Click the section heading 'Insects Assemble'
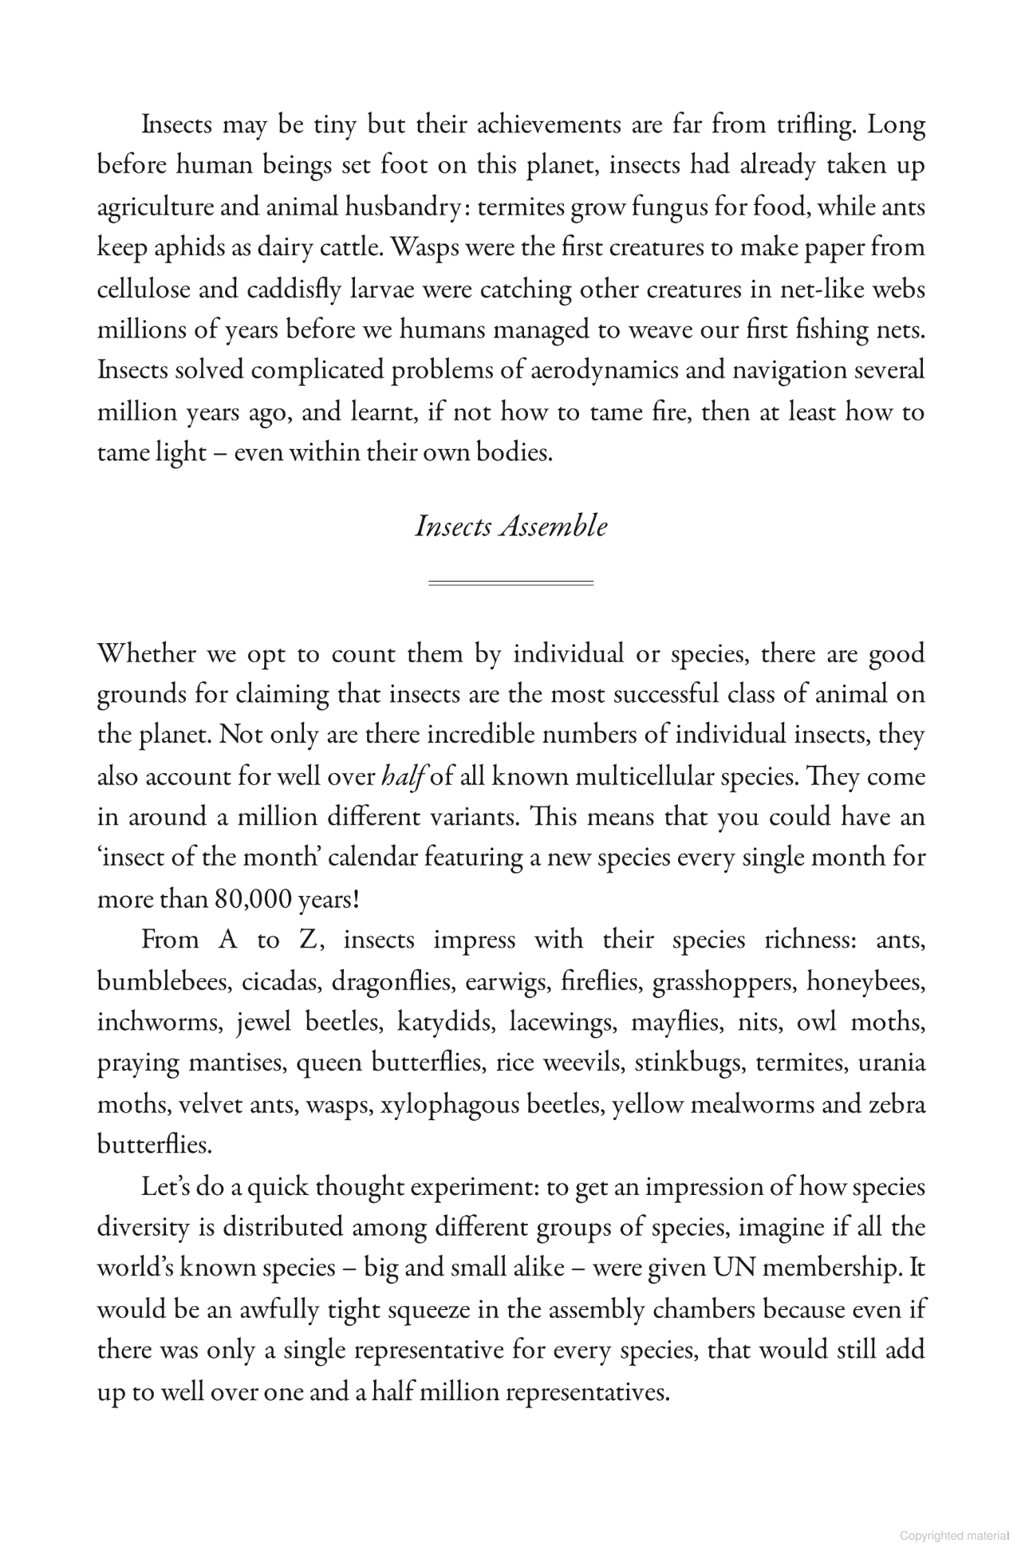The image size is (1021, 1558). click(510, 527)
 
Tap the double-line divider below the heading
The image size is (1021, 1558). click(510, 583)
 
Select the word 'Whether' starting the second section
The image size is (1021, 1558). click(146, 653)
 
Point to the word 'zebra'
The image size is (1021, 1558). click(897, 1105)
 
